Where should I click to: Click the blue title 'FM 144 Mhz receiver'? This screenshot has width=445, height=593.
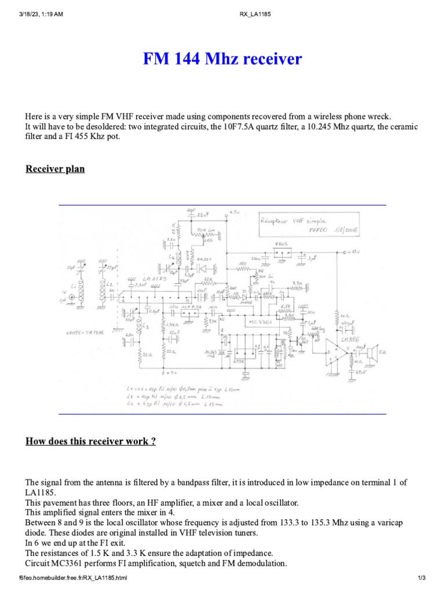coord(222,59)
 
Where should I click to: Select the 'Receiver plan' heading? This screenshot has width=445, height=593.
coord(55,169)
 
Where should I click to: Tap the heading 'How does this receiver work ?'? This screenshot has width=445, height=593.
coord(90,441)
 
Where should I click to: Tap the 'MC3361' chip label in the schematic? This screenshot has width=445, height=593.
coord(260,320)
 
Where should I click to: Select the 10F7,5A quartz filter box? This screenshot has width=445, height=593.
coord(188,313)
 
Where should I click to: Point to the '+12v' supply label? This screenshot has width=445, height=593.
coord(362,251)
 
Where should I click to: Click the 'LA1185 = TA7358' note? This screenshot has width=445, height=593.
coord(86,333)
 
